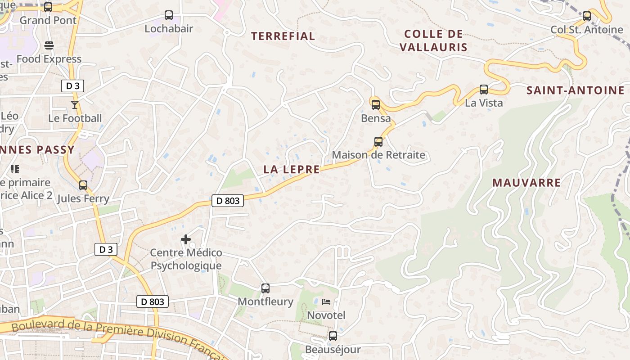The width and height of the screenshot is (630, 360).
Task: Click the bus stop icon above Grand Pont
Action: point(48,7)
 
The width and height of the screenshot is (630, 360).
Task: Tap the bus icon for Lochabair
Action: point(169,15)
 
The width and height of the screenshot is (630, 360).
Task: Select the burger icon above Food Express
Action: point(49,45)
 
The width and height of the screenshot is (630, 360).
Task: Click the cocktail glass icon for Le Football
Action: point(75,105)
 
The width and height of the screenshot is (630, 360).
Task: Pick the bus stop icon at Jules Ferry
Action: point(83,185)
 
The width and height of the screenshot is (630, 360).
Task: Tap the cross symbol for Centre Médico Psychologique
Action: point(186,239)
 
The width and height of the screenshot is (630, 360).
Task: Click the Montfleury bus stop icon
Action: point(265,288)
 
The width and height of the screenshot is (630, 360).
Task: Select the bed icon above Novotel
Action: point(326,302)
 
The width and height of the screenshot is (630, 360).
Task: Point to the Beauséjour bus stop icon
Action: point(333,336)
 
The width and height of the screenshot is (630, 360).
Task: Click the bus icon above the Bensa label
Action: point(376,105)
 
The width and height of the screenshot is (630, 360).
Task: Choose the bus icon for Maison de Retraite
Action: point(378,142)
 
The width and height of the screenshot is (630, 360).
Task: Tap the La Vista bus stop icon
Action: point(484,90)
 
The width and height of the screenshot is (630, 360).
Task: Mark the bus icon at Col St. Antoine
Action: point(587,16)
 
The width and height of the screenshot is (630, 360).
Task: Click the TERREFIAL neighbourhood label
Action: point(283,36)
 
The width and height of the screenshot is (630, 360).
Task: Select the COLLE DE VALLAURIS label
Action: point(433,40)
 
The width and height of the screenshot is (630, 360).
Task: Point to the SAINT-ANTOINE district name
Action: point(576,90)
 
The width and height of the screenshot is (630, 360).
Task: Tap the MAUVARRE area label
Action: point(526,183)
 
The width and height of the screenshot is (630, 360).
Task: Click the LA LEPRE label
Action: point(292,170)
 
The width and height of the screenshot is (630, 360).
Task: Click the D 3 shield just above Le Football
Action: point(72,86)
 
